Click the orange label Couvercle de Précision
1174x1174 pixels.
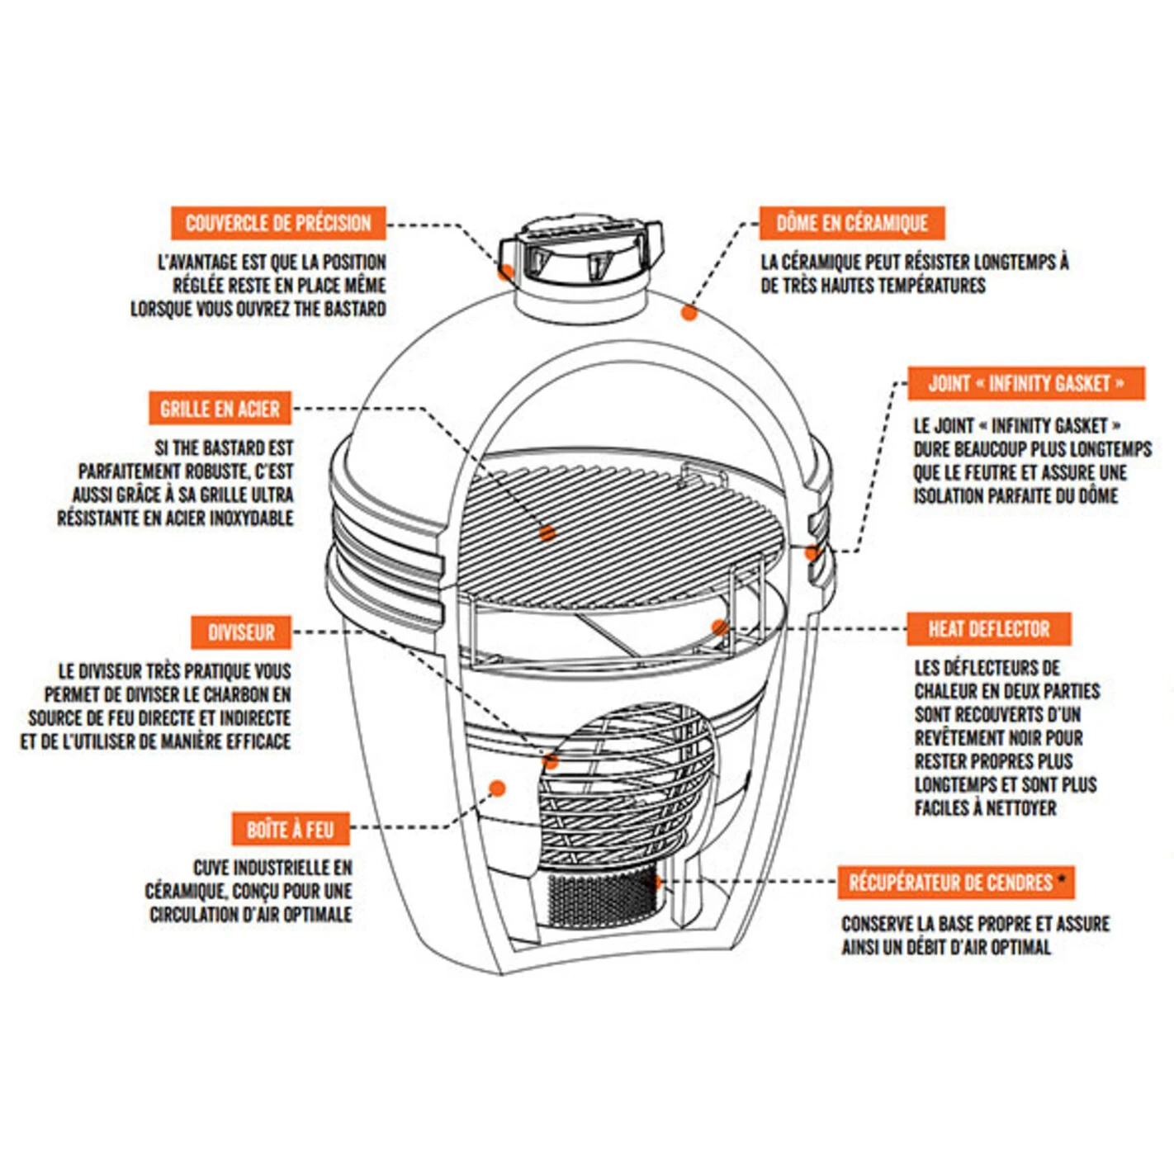[x=278, y=224]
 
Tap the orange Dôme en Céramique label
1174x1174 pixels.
[x=852, y=224]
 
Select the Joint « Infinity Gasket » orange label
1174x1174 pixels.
[x=1025, y=384]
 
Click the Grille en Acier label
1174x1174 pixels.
[x=220, y=409]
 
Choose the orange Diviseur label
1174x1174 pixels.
[x=241, y=632]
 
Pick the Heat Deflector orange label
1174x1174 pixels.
[x=988, y=629]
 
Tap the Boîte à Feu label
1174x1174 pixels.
[x=291, y=829]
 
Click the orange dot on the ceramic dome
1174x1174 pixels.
[x=689, y=312]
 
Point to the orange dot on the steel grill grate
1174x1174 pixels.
[x=547, y=533]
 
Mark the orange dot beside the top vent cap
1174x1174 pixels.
[x=505, y=272]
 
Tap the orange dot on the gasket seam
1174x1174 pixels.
[x=812, y=552]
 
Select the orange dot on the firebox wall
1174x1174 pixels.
[x=497, y=788]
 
